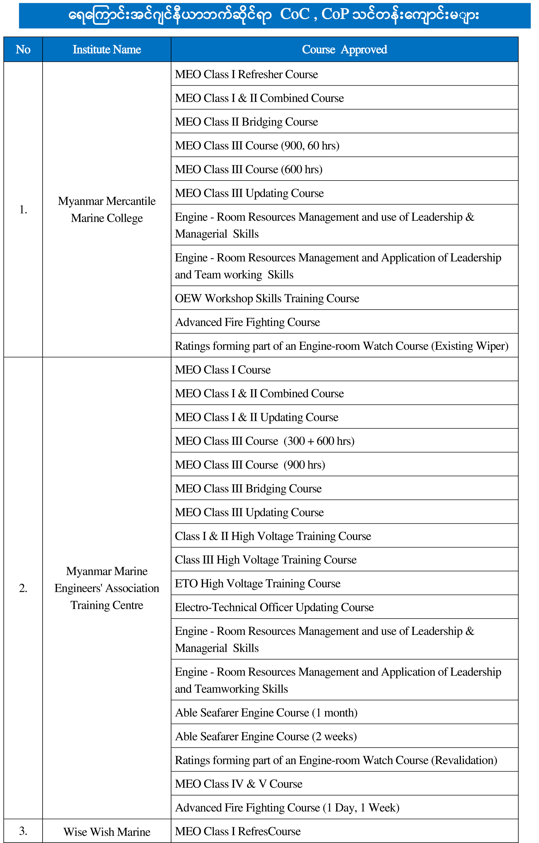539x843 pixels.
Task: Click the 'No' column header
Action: coord(23,49)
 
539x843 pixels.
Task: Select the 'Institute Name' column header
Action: coord(107,49)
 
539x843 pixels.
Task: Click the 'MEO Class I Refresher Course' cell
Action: coord(246,74)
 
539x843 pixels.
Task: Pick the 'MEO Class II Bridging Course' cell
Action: coord(246,122)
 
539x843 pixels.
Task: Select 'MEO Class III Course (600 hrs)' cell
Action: coord(249,169)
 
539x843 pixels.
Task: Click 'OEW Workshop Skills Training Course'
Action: coord(267,298)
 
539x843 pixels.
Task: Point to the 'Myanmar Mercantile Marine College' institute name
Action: coord(107,209)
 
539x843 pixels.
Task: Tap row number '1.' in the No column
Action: coord(23,209)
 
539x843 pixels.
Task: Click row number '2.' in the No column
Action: coord(23,588)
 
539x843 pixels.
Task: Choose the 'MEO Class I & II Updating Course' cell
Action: coord(256,417)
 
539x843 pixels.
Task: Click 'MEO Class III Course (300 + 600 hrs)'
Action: coord(265,441)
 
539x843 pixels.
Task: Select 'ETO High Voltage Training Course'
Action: coord(258,584)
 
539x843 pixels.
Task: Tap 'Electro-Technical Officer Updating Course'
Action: coord(274,607)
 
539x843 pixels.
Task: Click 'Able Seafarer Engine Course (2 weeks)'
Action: coord(266,737)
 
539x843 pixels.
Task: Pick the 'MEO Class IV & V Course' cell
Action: coord(238,784)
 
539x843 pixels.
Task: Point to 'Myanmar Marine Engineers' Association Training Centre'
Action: coord(107,588)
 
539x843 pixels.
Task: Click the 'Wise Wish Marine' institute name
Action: coord(107,832)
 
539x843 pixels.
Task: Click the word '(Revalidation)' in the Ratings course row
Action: coord(464,760)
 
